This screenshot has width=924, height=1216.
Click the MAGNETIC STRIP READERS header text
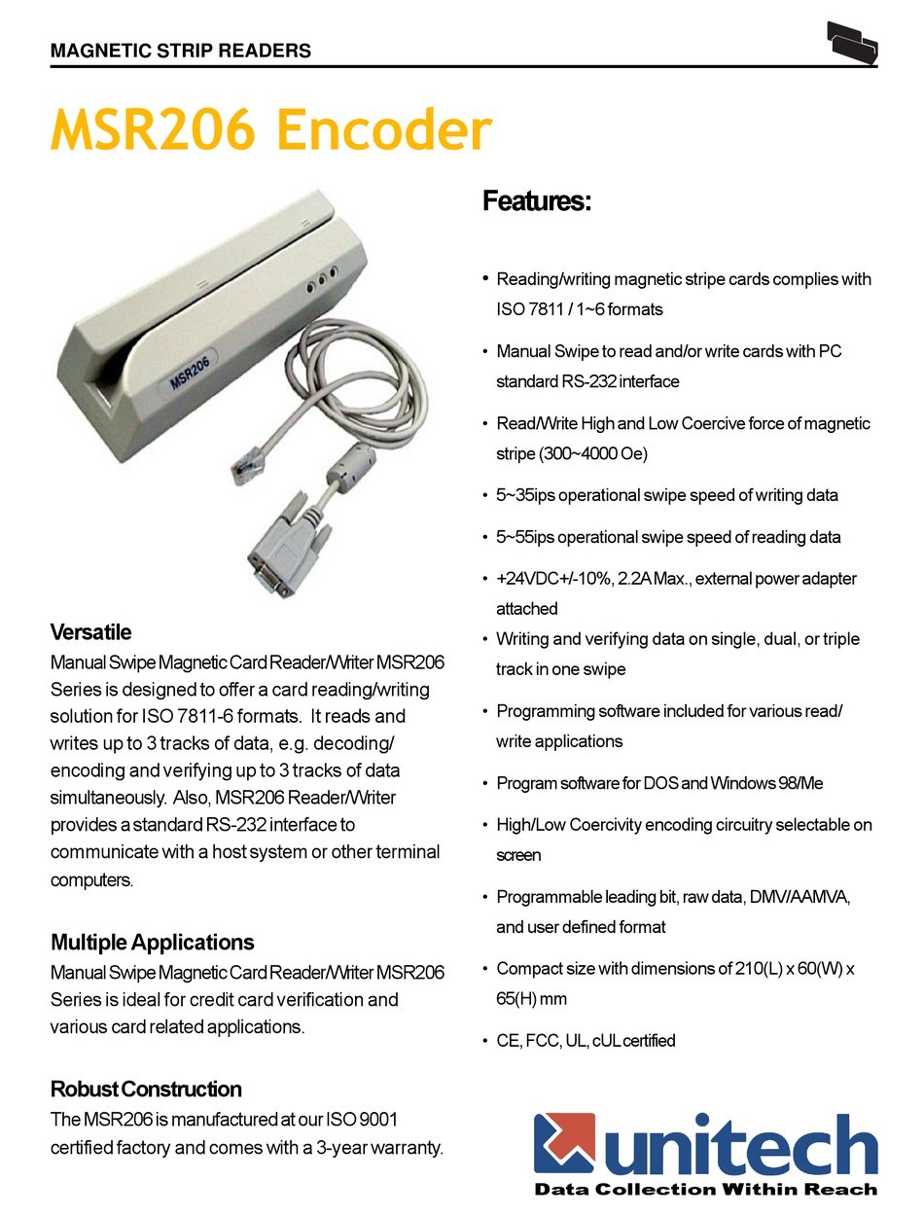pyautogui.click(x=181, y=51)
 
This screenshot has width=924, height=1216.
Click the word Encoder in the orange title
pyautogui.click(x=385, y=131)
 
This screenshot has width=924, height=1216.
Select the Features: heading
pyautogui.click(x=537, y=202)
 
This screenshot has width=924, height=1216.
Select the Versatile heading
pyautogui.click(x=90, y=632)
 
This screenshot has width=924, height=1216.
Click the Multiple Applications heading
pyautogui.click(x=152, y=942)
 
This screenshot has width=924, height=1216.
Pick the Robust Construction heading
pyautogui.click(x=146, y=1089)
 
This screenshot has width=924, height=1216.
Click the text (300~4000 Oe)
pyautogui.click(x=572, y=454)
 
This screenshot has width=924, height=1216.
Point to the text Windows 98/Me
pyautogui.click(x=767, y=783)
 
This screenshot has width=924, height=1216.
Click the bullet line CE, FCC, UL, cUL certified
pyautogui.click(x=586, y=1041)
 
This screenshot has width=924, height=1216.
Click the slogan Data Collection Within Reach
pyautogui.click(x=706, y=1189)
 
